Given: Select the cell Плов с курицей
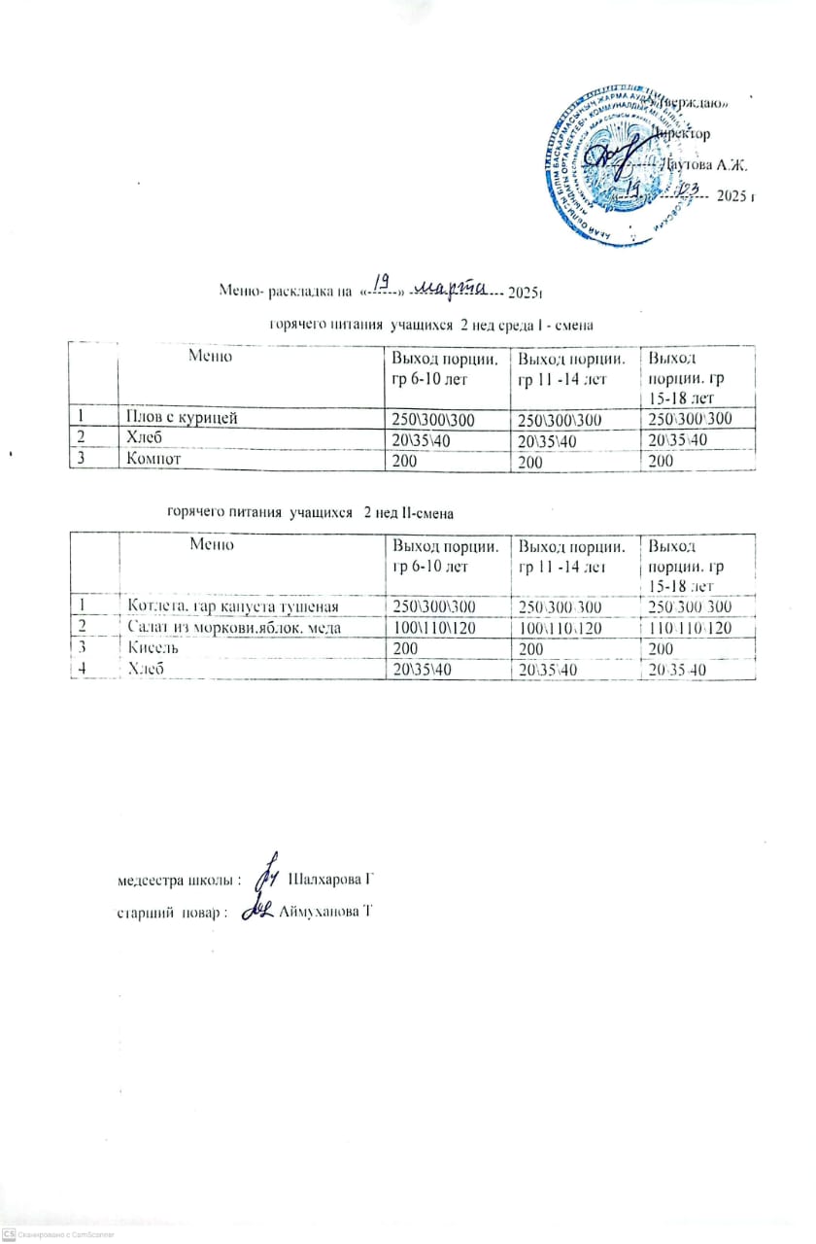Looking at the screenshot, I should click(x=179, y=418).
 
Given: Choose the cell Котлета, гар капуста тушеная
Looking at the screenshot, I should click(x=233, y=606).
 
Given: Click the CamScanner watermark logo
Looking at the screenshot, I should click(x=9, y=1233).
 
